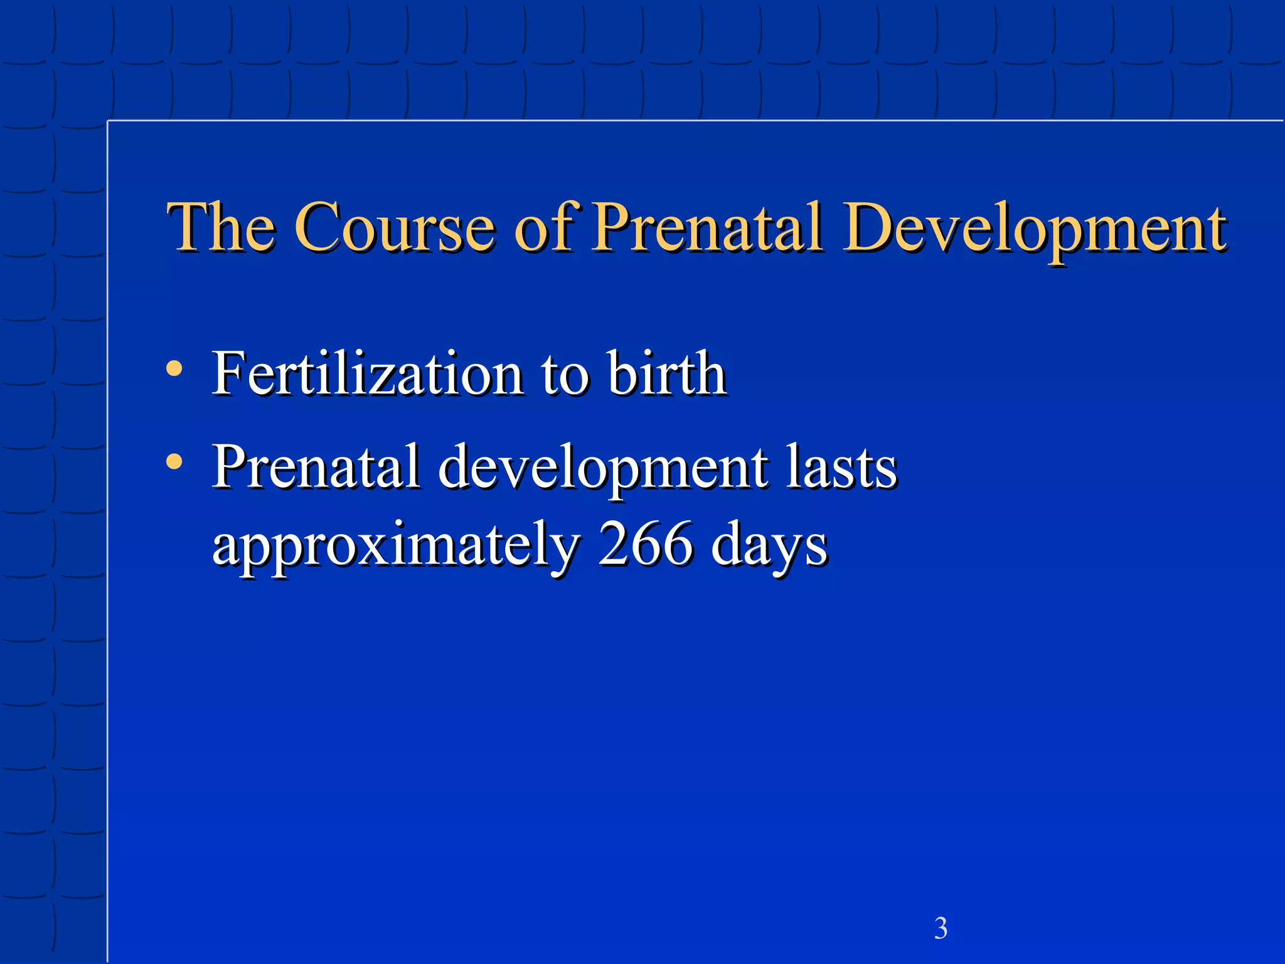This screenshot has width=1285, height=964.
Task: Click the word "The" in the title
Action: coord(221,227)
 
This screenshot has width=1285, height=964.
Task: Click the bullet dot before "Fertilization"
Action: coord(174,368)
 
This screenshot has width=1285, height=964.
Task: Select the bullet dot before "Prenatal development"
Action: coord(174,463)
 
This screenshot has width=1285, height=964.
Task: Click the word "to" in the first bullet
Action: coord(565,375)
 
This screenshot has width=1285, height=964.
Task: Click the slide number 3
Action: coord(941,928)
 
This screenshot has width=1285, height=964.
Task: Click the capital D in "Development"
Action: coord(870,227)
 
